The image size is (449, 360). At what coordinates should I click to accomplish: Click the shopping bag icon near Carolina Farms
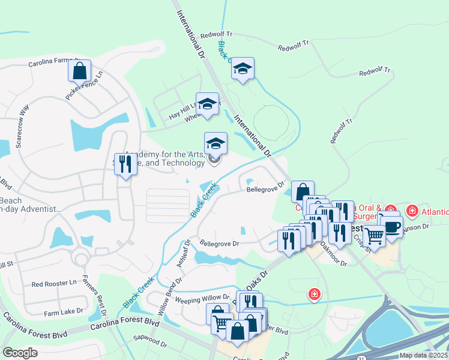pos(79,71)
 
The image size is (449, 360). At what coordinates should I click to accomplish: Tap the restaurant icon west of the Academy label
pos(125,163)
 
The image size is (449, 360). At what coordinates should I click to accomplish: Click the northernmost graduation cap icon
pos(243,69)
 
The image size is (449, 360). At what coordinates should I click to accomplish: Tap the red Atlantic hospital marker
pos(412,211)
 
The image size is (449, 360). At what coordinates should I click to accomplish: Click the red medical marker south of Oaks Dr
pos(313,294)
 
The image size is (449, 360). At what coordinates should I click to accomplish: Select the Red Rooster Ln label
pos(55,283)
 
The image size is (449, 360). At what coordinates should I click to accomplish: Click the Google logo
pos(20,353)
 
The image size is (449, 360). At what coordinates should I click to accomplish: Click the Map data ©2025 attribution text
pos(423,355)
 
